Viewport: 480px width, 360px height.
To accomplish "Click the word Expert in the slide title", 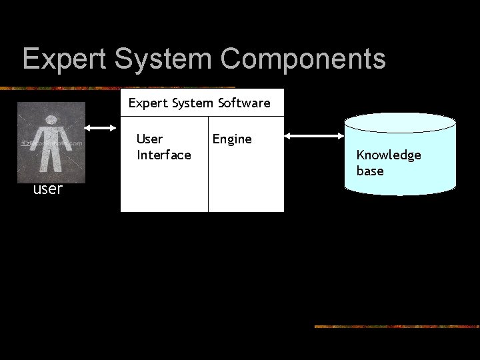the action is click(x=65, y=59).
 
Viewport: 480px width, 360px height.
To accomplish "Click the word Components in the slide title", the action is click(x=303, y=59).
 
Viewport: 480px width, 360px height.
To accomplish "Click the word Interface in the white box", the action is click(x=163, y=155).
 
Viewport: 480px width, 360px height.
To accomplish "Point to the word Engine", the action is click(x=232, y=139).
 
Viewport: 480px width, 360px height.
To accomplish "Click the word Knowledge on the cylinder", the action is click(x=389, y=155).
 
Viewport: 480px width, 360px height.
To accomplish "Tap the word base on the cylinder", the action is click(x=370, y=171).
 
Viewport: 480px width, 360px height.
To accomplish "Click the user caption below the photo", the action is click(x=48, y=189).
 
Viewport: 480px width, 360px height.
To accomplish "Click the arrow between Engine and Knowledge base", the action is click(x=313, y=136).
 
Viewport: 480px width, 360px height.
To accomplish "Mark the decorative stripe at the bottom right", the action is click(x=396, y=327).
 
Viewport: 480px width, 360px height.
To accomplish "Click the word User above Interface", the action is click(x=149, y=139).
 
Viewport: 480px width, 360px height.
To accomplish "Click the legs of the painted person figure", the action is click(x=50, y=160).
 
